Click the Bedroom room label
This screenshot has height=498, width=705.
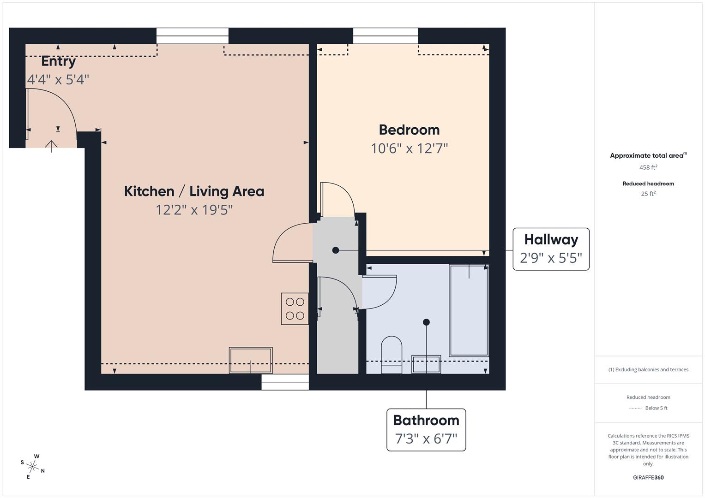pos(409,130)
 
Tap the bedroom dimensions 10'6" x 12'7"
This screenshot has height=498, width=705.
pos(409,148)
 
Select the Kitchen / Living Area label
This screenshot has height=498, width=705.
pos(194,191)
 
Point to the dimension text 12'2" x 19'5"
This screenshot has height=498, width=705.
pos(194,210)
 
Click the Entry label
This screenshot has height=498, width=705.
pos(59,61)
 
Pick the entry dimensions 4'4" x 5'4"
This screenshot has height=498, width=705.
pos(58,79)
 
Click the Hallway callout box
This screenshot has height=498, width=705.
pos(551,249)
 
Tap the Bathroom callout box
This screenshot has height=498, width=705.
pos(426,430)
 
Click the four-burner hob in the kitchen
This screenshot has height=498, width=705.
pos(295,308)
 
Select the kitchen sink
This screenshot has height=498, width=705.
pos(251,360)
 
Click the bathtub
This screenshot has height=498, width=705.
pos(469,311)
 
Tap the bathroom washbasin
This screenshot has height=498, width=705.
pos(427,364)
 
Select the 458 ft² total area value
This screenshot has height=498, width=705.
pos(648,167)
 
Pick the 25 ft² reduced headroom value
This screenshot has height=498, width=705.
pos(648,194)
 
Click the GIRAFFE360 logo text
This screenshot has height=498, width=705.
pos(648,477)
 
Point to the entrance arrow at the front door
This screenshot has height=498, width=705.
pos(51,147)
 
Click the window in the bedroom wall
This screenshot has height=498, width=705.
pos(386,36)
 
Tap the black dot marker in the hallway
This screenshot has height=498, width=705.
pos(336,250)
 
